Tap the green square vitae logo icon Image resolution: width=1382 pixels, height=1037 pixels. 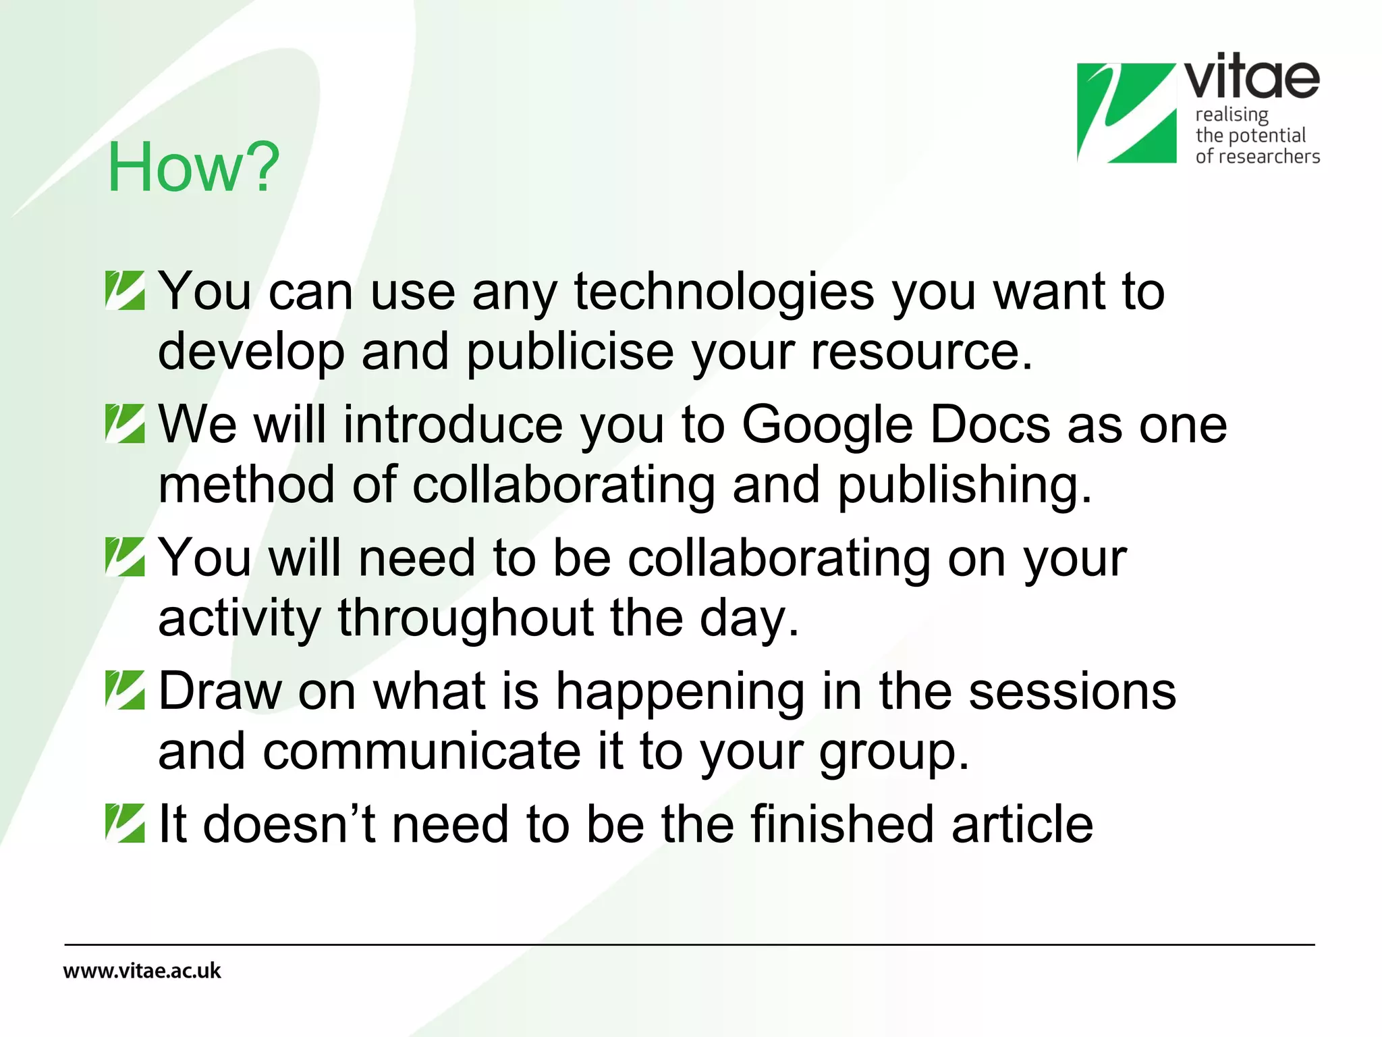click(1126, 113)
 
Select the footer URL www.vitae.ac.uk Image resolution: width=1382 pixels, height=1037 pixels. click(142, 971)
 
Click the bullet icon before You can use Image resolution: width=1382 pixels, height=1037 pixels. click(125, 290)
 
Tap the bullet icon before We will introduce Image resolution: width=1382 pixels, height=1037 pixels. click(125, 423)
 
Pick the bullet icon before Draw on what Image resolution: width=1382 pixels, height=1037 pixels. click(125, 690)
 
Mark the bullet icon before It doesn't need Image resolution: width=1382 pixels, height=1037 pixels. click(125, 823)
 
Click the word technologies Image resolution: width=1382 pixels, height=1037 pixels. click(723, 292)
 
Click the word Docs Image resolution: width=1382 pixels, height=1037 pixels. click(990, 425)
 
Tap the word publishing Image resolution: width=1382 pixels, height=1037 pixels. click(964, 485)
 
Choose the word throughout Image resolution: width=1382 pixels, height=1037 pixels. click(466, 618)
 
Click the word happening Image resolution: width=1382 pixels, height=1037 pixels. click(680, 692)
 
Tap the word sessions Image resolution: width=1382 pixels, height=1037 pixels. click(1072, 691)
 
